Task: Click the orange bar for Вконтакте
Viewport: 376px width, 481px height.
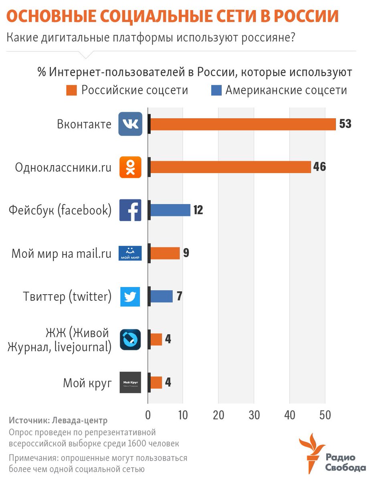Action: [243, 124]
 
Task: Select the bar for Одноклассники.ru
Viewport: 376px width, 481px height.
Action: [230, 167]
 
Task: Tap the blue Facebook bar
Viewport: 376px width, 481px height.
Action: [170, 210]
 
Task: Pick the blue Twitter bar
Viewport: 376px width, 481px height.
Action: [161, 296]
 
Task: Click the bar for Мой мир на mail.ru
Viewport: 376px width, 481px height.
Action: [165, 253]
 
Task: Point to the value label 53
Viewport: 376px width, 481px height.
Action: [345, 124]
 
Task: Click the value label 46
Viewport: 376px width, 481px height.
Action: [319, 167]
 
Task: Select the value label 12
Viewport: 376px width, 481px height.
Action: [198, 210]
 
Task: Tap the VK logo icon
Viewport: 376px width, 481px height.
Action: [130, 124]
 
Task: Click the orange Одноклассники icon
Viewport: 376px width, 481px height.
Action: [130, 167]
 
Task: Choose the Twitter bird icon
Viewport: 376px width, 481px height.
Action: [130, 297]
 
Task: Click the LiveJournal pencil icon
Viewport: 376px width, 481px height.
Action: [130, 340]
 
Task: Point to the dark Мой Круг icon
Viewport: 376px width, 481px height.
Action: [130, 383]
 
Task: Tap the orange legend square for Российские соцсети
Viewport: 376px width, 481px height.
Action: [71, 90]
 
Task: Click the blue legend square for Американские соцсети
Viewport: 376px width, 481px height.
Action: [216, 90]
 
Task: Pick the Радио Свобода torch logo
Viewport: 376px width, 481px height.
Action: [311, 453]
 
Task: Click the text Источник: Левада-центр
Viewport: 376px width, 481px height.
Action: [58, 421]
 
